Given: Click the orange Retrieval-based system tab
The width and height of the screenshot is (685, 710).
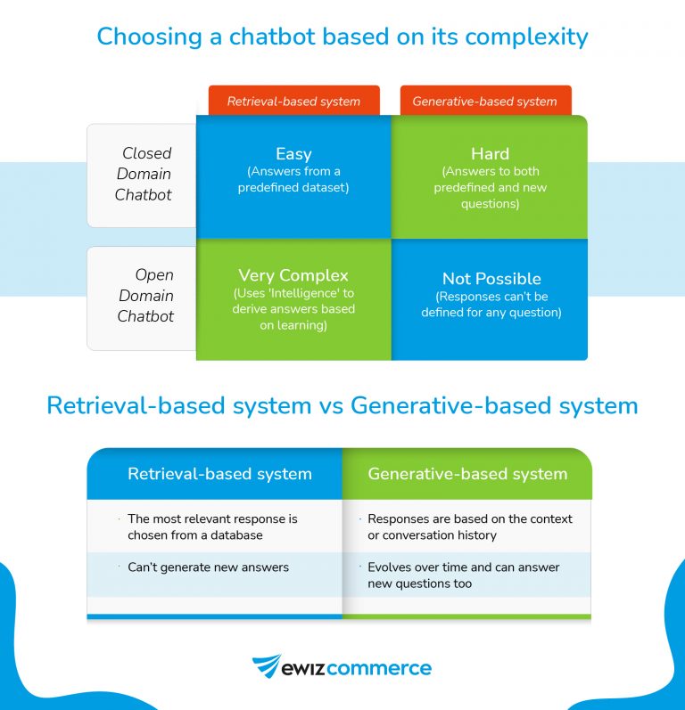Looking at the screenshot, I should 293,101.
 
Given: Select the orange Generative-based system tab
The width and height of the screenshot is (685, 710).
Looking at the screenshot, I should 484,101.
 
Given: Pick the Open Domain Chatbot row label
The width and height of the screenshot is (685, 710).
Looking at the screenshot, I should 145,296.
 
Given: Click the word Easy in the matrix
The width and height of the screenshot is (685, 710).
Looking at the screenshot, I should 293,154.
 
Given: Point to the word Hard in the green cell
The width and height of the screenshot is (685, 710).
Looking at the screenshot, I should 489,154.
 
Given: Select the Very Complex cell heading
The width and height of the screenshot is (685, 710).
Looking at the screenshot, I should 293,275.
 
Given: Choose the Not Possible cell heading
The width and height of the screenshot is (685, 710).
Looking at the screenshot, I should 491,279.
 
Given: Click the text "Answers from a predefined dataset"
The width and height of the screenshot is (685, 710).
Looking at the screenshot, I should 293,179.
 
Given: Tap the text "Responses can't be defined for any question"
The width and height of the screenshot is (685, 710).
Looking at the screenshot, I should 491,305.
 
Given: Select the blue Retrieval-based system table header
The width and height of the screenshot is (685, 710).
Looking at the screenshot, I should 219,474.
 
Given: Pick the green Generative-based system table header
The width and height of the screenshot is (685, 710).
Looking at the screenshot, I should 467,474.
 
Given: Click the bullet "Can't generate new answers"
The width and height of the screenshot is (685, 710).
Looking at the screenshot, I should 208,567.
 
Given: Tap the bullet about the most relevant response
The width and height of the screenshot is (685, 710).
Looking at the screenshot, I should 212,526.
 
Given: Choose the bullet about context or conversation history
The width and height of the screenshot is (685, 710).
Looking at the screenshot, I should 470,526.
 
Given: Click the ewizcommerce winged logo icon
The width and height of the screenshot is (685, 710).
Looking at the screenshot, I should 267,667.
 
